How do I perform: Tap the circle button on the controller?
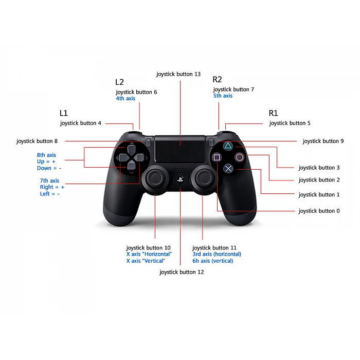pyautogui.click(x=239, y=157)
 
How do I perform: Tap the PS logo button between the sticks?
pyautogui.click(x=180, y=179)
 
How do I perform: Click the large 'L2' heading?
pyautogui.click(x=119, y=82)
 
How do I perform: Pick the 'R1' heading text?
pyautogui.click(x=273, y=113)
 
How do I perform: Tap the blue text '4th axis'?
pyautogui.click(x=125, y=98)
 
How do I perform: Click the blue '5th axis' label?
pyautogui.click(x=223, y=96)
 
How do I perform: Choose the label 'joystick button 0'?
pyautogui.click(x=319, y=211)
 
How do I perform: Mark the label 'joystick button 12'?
pyautogui.click(x=182, y=272)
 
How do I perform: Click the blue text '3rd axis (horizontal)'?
pyautogui.click(x=217, y=254)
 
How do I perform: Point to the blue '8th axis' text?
pyautogui.click(x=46, y=155)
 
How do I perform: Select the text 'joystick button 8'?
pyautogui.click(x=37, y=141)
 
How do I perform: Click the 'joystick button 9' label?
pyautogui.click(x=323, y=141)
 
